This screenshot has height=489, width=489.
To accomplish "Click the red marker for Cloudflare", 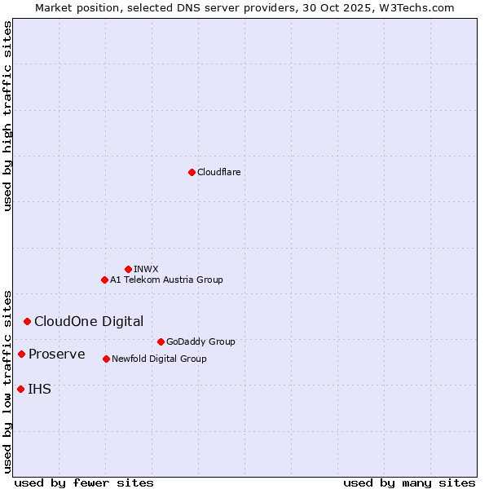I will point(192,172).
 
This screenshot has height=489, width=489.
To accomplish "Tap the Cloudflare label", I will point(218,172).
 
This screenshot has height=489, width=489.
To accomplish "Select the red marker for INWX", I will point(128,269).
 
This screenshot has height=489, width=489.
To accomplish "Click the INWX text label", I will point(146,269).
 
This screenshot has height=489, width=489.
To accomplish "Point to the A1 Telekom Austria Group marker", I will point(104,280).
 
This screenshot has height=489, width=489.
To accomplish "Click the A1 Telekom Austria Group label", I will point(166,280).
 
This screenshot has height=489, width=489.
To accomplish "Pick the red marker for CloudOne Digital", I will point(27,321).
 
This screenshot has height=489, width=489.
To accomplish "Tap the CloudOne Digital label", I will point(89,321).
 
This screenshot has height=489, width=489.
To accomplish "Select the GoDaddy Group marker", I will point(161,341).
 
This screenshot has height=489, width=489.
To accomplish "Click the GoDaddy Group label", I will point(200,341).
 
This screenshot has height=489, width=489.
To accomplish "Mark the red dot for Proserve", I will point(21,354).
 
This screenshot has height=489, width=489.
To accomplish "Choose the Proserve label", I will point(57,354).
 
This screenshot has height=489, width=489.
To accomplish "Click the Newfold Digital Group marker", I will point(106,359).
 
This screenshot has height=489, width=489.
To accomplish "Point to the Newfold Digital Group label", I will point(159,359).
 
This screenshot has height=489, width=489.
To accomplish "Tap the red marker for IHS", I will point(20,389).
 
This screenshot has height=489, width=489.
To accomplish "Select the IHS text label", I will point(39,389).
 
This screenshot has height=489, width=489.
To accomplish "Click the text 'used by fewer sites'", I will point(84,482).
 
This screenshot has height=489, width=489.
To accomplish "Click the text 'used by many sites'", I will point(409,482).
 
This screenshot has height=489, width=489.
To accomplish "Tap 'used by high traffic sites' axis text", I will point(7,116).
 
